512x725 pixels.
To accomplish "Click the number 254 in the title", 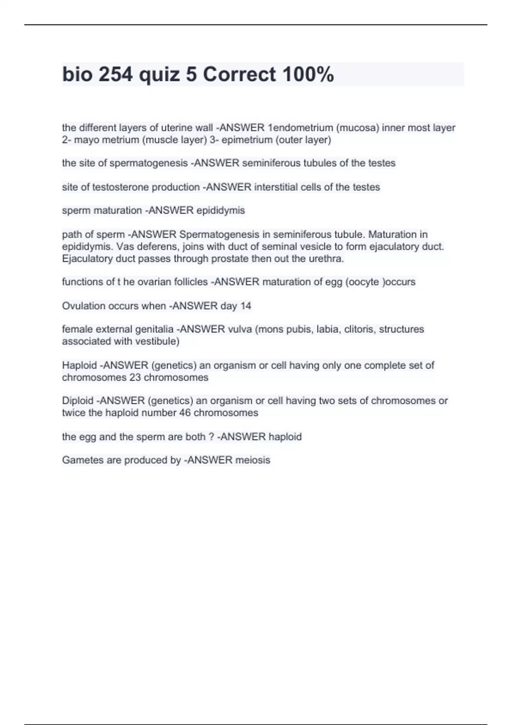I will pyautogui.click(x=115, y=75).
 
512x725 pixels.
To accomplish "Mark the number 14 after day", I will pyautogui.click(x=245, y=306).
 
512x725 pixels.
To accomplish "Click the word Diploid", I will pyautogui.click(x=78, y=401).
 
